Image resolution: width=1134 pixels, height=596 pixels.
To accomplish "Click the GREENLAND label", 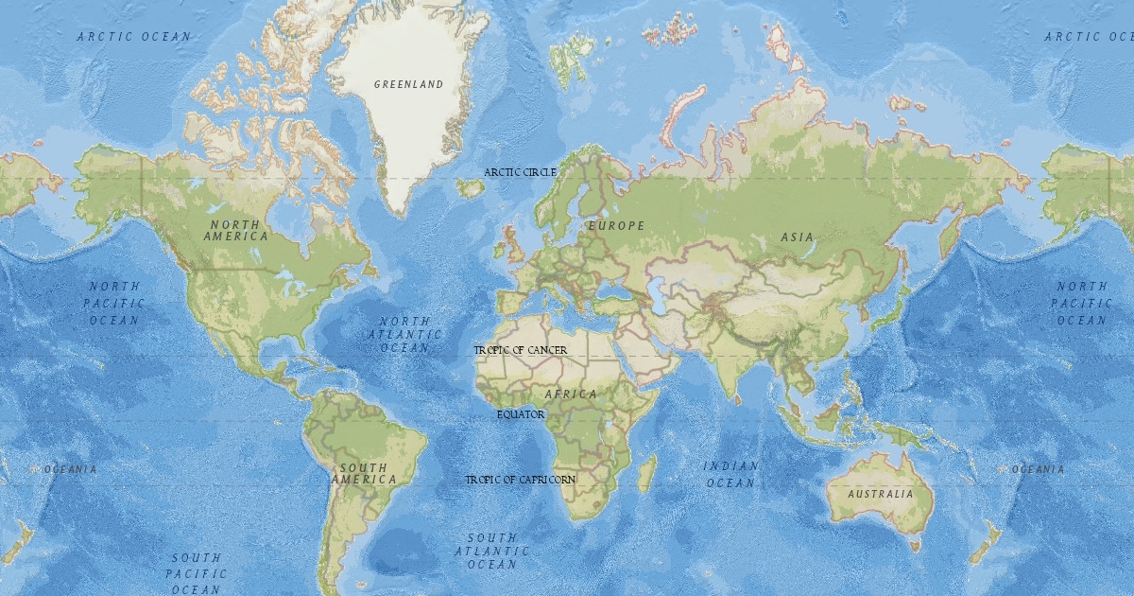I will (x=408, y=84).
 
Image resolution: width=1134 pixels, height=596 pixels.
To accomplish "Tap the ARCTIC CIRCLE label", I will (x=520, y=172).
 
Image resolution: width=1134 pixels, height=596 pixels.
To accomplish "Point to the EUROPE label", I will (x=616, y=226).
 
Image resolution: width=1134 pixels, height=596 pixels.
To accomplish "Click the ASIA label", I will (x=797, y=237).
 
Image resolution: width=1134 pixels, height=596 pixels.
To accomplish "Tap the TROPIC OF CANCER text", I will (x=521, y=350).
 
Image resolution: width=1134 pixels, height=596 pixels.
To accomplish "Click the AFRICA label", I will (x=571, y=394).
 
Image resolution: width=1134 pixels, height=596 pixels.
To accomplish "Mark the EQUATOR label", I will (x=521, y=414).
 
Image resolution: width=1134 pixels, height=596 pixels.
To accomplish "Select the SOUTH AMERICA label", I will (x=364, y=474).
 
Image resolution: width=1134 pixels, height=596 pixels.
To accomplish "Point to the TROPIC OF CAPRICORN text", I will (x=520, y=480).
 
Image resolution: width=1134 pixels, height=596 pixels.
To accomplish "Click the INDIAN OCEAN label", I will (x=730, y=474).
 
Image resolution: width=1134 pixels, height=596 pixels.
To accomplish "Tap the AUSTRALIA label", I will (x=880, y=494).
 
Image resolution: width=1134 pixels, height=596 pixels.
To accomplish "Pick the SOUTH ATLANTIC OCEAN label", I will (x=491, y=551).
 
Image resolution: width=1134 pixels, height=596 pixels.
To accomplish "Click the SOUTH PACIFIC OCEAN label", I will (x=197, y=573).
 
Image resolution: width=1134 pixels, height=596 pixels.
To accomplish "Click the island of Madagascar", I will (x=647, y=473).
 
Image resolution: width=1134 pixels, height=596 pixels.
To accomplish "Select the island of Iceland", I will (x=471, y=188).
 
